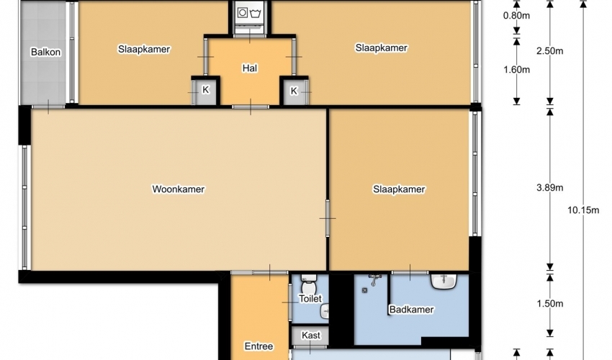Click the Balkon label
(45, 52)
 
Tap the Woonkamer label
(179, 189)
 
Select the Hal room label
(250, 68)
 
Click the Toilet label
(310, 299)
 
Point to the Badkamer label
(411, 310)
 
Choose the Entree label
(258, 346)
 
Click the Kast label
(311, 336)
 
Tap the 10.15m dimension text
(583, 210)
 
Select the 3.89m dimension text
(550, 187)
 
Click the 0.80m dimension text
(516, 16)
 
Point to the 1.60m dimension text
(516, 70)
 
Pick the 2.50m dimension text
(550, 50)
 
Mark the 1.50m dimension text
(550, 303)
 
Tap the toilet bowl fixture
(309, 285)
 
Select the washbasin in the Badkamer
(444, 281)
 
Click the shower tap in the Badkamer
(375, 279)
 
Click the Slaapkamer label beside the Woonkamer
(399, 189)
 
